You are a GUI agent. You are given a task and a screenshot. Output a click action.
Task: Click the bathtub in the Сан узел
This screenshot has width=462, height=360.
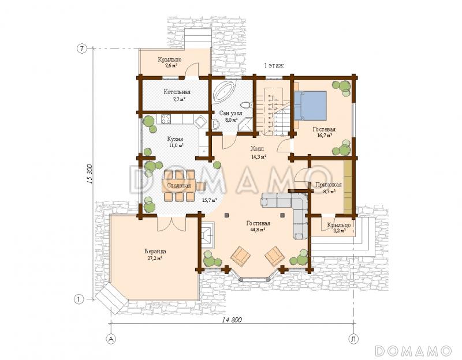click(x=224, y=91)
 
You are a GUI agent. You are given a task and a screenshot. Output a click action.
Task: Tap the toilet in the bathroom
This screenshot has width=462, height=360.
click(x=246, y=105)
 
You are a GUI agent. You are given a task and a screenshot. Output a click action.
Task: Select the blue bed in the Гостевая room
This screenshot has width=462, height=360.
click(x=310, y=106)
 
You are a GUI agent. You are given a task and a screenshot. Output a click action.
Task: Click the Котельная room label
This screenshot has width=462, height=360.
click(x=177, y=92)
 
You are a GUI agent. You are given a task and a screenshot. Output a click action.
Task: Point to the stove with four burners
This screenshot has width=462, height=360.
click(x=166, y=119)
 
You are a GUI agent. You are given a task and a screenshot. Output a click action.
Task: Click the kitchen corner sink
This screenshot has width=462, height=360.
click(x=201, y=121)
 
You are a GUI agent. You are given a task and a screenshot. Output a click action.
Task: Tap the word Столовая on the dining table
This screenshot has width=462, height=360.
click(x=179, y=185)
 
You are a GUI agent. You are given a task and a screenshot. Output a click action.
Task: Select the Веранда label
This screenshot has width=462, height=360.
click(x=155, y=252)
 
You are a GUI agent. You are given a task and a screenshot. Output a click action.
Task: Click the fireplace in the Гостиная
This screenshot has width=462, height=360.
click(x=208, y=234)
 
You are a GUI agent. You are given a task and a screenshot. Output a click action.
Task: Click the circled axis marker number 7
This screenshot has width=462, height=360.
click(x=82, y=49)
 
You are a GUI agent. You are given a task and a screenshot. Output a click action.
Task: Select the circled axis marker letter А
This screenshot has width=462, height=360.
click(x=111, y=339)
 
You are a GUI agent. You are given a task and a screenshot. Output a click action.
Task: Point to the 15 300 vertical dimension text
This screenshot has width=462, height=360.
click(x=90, y=174)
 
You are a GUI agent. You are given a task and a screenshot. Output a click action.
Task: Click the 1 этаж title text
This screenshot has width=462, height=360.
click(x=274, y=65)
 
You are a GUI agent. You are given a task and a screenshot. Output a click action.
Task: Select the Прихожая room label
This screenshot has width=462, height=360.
click(x=328, y=185)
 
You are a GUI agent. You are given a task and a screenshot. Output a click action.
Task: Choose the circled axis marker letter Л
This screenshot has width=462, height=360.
click(x=353, y=339)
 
